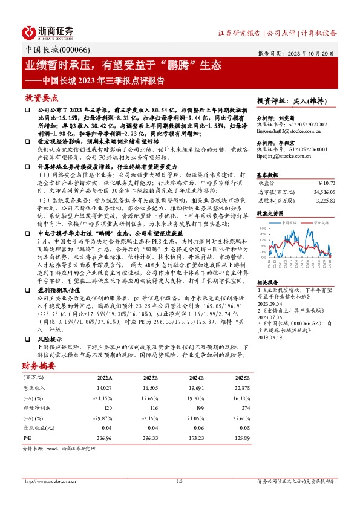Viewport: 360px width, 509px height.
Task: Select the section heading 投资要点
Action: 42,97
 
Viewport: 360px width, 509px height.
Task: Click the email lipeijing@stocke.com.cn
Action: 284,155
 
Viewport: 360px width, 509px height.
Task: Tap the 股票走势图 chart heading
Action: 270,213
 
